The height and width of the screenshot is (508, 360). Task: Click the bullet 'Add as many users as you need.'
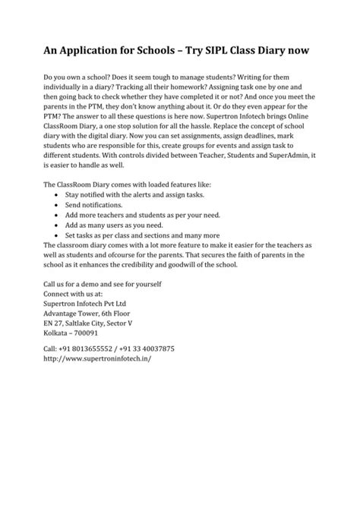pos(115,225)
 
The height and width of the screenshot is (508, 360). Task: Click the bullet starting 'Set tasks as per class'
pos(143,235)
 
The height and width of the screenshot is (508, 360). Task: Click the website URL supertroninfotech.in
pos(98,359)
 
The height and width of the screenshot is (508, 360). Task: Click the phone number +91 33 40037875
pos(150,349)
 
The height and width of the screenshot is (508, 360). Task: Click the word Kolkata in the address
pos(58,333)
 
